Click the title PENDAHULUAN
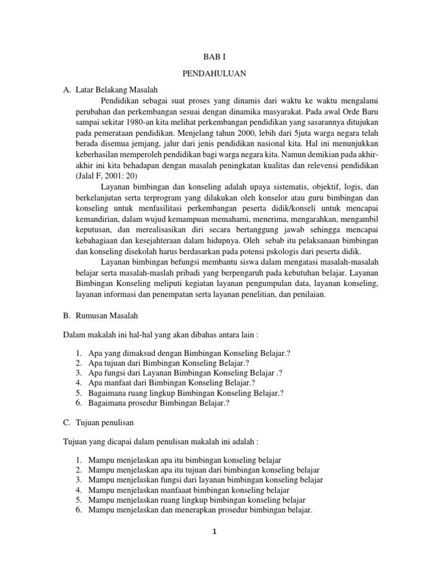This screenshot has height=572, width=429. (x=215, y=73)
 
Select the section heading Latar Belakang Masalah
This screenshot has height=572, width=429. (x=117, y=89)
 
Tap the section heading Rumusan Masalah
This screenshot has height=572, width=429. (x=108, y=316)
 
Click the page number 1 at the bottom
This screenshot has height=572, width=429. (x=214, y=531)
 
